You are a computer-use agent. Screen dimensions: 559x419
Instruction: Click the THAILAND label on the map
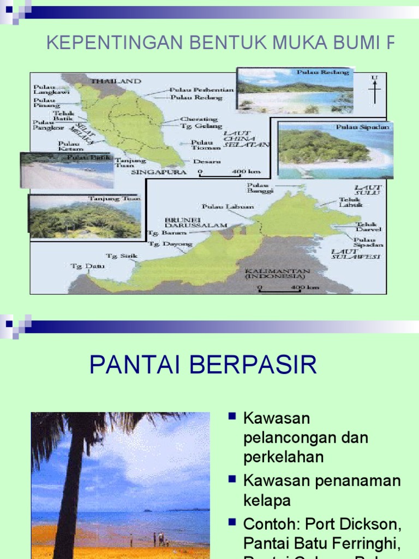coord(116,81)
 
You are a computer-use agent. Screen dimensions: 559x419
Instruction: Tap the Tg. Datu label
coord(83,266)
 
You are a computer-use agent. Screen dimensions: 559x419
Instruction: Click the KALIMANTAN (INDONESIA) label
coord(277,273)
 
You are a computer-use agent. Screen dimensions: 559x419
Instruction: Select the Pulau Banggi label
coord(258,188)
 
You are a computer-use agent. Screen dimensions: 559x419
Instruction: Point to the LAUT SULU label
coord(368,190)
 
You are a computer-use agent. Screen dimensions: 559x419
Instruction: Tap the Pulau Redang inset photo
coord(295,91)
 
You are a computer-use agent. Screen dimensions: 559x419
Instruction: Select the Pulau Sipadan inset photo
coord(334,150)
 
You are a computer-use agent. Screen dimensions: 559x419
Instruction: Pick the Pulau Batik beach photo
coord(67,170)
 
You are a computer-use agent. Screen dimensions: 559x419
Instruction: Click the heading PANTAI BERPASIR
coord(203,365)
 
